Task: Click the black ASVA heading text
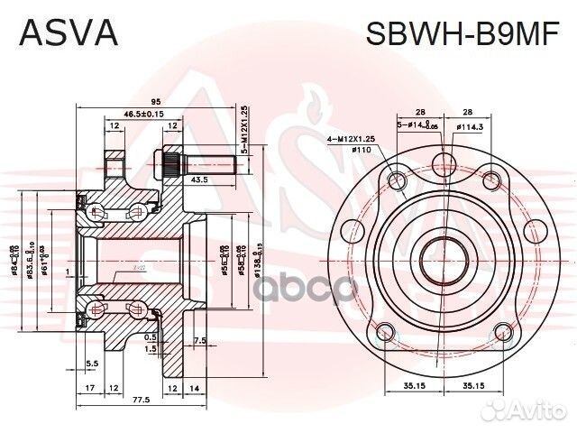(69, 32)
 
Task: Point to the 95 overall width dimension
(155, 101)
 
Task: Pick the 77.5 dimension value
(139, 398)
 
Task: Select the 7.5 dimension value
(201, 340)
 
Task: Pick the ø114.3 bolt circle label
(469, 127)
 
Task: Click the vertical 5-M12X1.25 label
(244, 132)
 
